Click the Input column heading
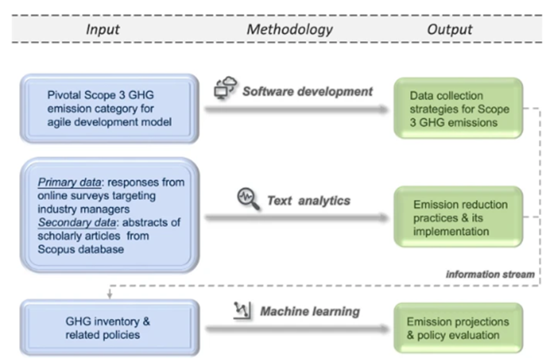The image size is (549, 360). (x=102, y=29)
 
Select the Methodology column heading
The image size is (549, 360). (x=289, y=29)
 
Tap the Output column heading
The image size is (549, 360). (x=449, y=29)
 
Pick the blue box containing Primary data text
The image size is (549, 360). (x=109, y=215)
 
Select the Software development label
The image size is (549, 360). (x=307, y=92)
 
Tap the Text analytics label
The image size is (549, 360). (x=308, y=201)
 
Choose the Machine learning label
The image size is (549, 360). (x=309, y=311)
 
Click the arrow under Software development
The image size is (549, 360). (x=294, y=110)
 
